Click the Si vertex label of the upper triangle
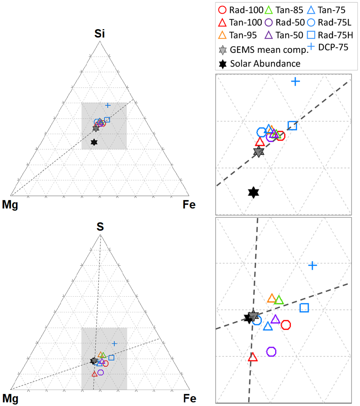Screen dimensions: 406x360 coord(100,33)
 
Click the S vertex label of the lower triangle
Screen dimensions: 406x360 coord(100,227)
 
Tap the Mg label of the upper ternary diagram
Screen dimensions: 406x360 coord(10,205)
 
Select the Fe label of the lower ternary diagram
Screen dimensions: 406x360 coord(190,398)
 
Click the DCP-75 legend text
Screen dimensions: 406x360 coord(333,47)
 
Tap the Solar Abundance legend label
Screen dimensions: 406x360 coord(265,64)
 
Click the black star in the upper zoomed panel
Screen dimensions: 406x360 coord(253,192)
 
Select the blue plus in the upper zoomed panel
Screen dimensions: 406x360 coord(295,81)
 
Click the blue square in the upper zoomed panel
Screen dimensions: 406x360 coord(292,126)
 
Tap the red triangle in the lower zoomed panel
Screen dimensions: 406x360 coord(253,357)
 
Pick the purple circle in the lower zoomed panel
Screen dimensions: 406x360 coord(271,351)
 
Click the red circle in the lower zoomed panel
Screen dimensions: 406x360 coord(286,325)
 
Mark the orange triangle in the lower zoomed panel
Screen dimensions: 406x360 coord(271,298)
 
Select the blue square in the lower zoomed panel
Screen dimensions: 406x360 coord(304,308)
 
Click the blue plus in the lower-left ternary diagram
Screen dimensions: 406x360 coord(114,344)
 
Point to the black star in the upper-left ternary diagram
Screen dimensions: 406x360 coord(94,142)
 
